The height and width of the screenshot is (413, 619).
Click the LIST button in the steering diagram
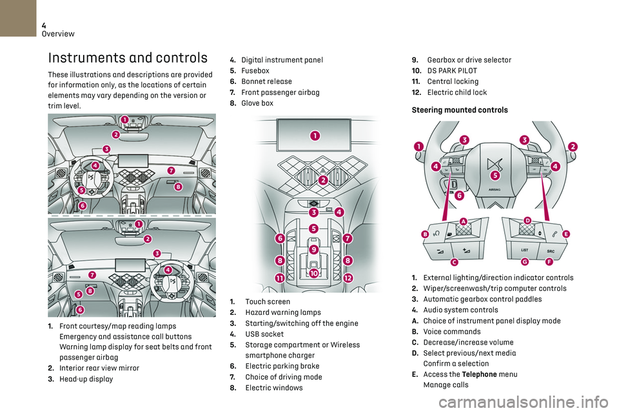(x=525, y=250)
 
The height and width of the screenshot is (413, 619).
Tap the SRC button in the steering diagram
(x=551, y=250)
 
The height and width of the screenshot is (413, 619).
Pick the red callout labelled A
(x=464, y=221)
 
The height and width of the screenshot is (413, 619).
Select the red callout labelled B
(x=426, y=234)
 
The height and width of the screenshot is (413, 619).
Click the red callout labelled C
(x=454, y=262)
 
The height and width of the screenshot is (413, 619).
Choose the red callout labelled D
(x=527, y=221)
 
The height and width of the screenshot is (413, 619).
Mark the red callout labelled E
(x=565, y=234)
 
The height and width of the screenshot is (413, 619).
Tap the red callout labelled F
(x=549, y=262)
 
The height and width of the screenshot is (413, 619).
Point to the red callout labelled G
(x=525, y=262)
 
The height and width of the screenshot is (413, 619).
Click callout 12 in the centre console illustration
(x=348, y=277)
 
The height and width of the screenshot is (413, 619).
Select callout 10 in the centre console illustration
(x=313, y=274)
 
